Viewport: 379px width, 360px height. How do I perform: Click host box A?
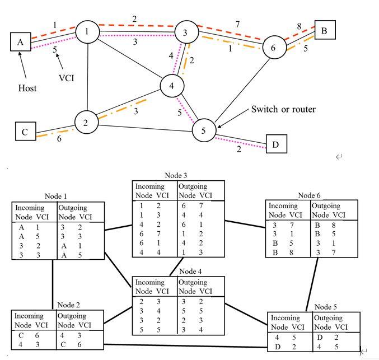[x=21, y=41]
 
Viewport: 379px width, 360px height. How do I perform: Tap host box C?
[x=25, y=132]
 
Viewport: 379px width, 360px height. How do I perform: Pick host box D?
[x=275, y=144]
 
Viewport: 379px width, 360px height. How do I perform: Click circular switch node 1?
[x=87, y=32]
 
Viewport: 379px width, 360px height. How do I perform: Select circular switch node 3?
[x=185, y=32]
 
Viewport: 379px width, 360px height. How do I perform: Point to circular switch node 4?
[x=172, y=86]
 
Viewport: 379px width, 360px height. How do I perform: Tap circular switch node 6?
[x=273, y=48]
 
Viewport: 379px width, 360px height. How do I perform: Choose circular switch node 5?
[x=204, y=130]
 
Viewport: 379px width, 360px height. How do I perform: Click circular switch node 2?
[x=86, y=123]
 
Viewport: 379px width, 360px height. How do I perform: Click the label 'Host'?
[x=27, y=88]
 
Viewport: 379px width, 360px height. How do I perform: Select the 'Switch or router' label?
[x=283, y=109]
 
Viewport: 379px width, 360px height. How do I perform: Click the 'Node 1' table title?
[x=57, y=197]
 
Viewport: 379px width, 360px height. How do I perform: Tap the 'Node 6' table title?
[x=310, y=195]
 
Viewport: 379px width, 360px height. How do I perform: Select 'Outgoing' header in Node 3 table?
[x=192, y=186]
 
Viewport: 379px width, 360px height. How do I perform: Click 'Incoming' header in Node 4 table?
[x=149, y=282]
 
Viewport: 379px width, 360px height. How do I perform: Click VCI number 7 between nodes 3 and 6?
[x=238, y=24]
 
